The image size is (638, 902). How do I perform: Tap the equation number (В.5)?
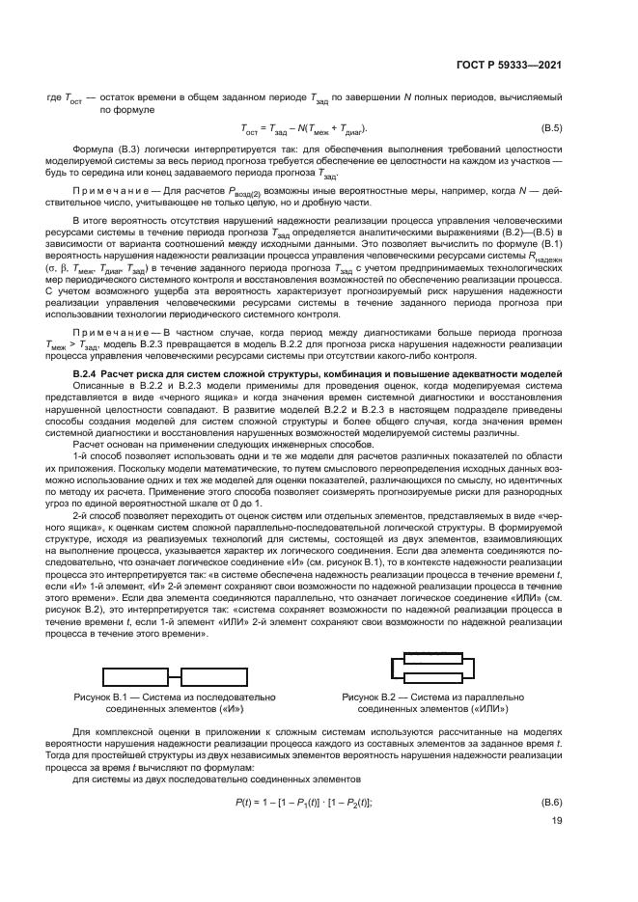point(550,128)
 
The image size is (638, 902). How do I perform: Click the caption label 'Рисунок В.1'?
point(100,696)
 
